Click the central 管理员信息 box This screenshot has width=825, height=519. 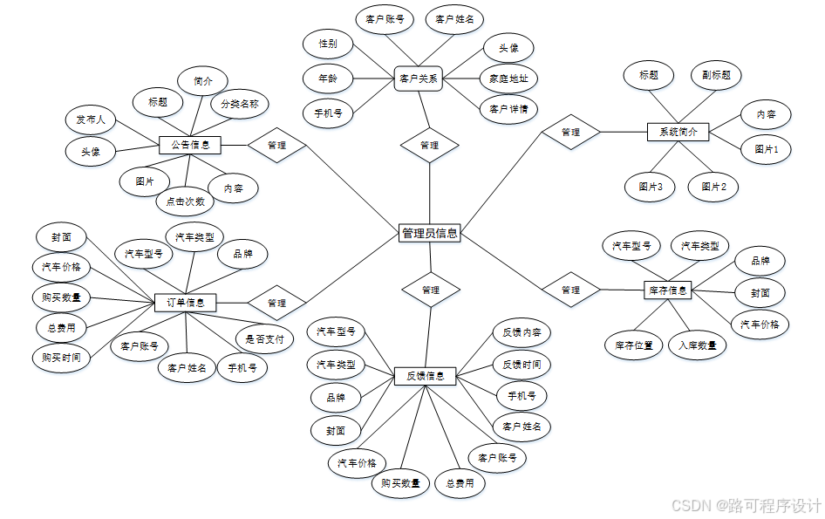(429, 233)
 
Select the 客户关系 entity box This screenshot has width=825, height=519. (419, 78)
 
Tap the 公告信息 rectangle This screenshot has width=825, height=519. (190, 145)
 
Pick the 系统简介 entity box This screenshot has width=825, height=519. (678, 133)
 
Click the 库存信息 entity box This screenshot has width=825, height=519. (668, 290)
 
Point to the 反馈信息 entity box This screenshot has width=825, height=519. (426, 376)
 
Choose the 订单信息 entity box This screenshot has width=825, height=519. (186, 303)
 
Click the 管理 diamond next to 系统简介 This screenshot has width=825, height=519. (570, 133)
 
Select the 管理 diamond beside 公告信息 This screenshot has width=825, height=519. (276, 145)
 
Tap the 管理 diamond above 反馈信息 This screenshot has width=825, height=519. (430, 289)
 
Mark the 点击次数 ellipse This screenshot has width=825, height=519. (185, 201)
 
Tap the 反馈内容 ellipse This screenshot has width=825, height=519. (522, 332)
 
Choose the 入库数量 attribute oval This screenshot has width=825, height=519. (698, 345)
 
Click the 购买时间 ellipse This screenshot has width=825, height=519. (60, 357)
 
